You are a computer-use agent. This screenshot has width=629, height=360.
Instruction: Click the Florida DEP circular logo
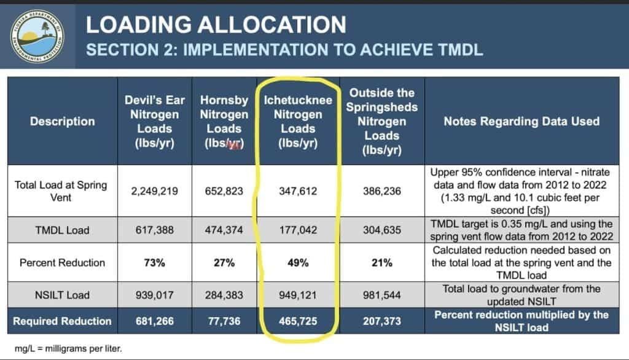click(37, 36)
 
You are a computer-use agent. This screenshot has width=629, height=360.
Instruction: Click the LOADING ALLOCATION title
click(216, 25)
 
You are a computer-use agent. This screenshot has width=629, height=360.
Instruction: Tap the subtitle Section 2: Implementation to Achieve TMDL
click(284, 50)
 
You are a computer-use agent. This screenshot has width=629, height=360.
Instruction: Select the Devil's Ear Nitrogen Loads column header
click(154, 121)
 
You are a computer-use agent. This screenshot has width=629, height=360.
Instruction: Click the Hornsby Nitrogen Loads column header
click(224, 121)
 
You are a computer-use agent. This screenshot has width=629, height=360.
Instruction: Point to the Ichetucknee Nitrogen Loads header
click(298, 121)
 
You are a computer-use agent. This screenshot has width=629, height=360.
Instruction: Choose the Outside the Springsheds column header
click(382, 121)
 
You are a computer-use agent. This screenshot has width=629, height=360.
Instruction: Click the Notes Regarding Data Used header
click(522, 121)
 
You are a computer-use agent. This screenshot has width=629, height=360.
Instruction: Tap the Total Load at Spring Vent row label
click(61, 191)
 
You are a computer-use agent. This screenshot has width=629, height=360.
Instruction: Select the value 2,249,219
click(154, 191)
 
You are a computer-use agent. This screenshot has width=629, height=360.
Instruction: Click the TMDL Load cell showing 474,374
click(224, 230)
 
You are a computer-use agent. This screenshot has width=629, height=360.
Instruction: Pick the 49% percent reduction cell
click(298, 263)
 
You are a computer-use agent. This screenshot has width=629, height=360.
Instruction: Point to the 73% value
click(154, 263)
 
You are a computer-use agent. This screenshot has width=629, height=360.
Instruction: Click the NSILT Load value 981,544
click(382, 295)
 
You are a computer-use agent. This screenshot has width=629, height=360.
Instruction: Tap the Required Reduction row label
click(62, 321)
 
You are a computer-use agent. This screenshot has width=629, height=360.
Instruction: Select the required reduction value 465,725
click(298, 321)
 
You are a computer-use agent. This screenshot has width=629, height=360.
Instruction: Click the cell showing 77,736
click(224, 321)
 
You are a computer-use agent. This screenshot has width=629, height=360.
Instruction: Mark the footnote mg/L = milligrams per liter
click(68, 348)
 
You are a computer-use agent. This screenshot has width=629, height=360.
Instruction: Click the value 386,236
click(382, 191)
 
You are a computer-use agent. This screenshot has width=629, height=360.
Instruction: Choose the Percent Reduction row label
click(62, 263)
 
